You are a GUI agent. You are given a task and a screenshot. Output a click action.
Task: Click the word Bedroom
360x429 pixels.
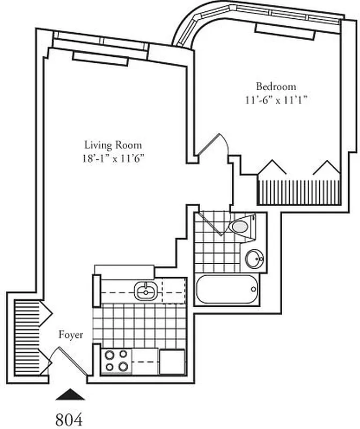coord(276,86)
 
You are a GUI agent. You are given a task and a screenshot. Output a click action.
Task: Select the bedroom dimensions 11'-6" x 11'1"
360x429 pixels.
coord(276,99)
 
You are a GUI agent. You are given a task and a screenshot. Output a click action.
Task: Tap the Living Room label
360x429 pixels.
coord(113,145)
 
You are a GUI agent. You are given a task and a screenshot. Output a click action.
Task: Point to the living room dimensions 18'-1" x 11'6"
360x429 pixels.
coord(113,158)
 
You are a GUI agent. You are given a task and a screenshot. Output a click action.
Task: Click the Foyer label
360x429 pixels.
coord(71,335)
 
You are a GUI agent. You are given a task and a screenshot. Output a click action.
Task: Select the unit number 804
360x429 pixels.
coord(70,418)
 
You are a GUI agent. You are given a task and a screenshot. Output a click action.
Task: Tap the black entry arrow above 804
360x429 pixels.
coord(70,395)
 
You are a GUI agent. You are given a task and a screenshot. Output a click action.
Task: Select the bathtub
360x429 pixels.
coord(227,290)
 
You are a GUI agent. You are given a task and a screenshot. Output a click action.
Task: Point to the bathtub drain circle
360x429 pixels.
coord(254,290)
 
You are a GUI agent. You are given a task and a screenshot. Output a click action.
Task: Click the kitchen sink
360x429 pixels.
coord(145,291)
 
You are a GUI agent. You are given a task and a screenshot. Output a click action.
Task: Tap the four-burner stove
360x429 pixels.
coord(116,361)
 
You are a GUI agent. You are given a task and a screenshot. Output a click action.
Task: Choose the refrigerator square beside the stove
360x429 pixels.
coord(172,361)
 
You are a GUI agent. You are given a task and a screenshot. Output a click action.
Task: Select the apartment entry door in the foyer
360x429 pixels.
coord(72,360)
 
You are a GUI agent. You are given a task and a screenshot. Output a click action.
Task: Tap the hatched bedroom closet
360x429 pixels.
coord(298,191)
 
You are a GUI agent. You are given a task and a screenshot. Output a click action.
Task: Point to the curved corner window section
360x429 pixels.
coord(191,29)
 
